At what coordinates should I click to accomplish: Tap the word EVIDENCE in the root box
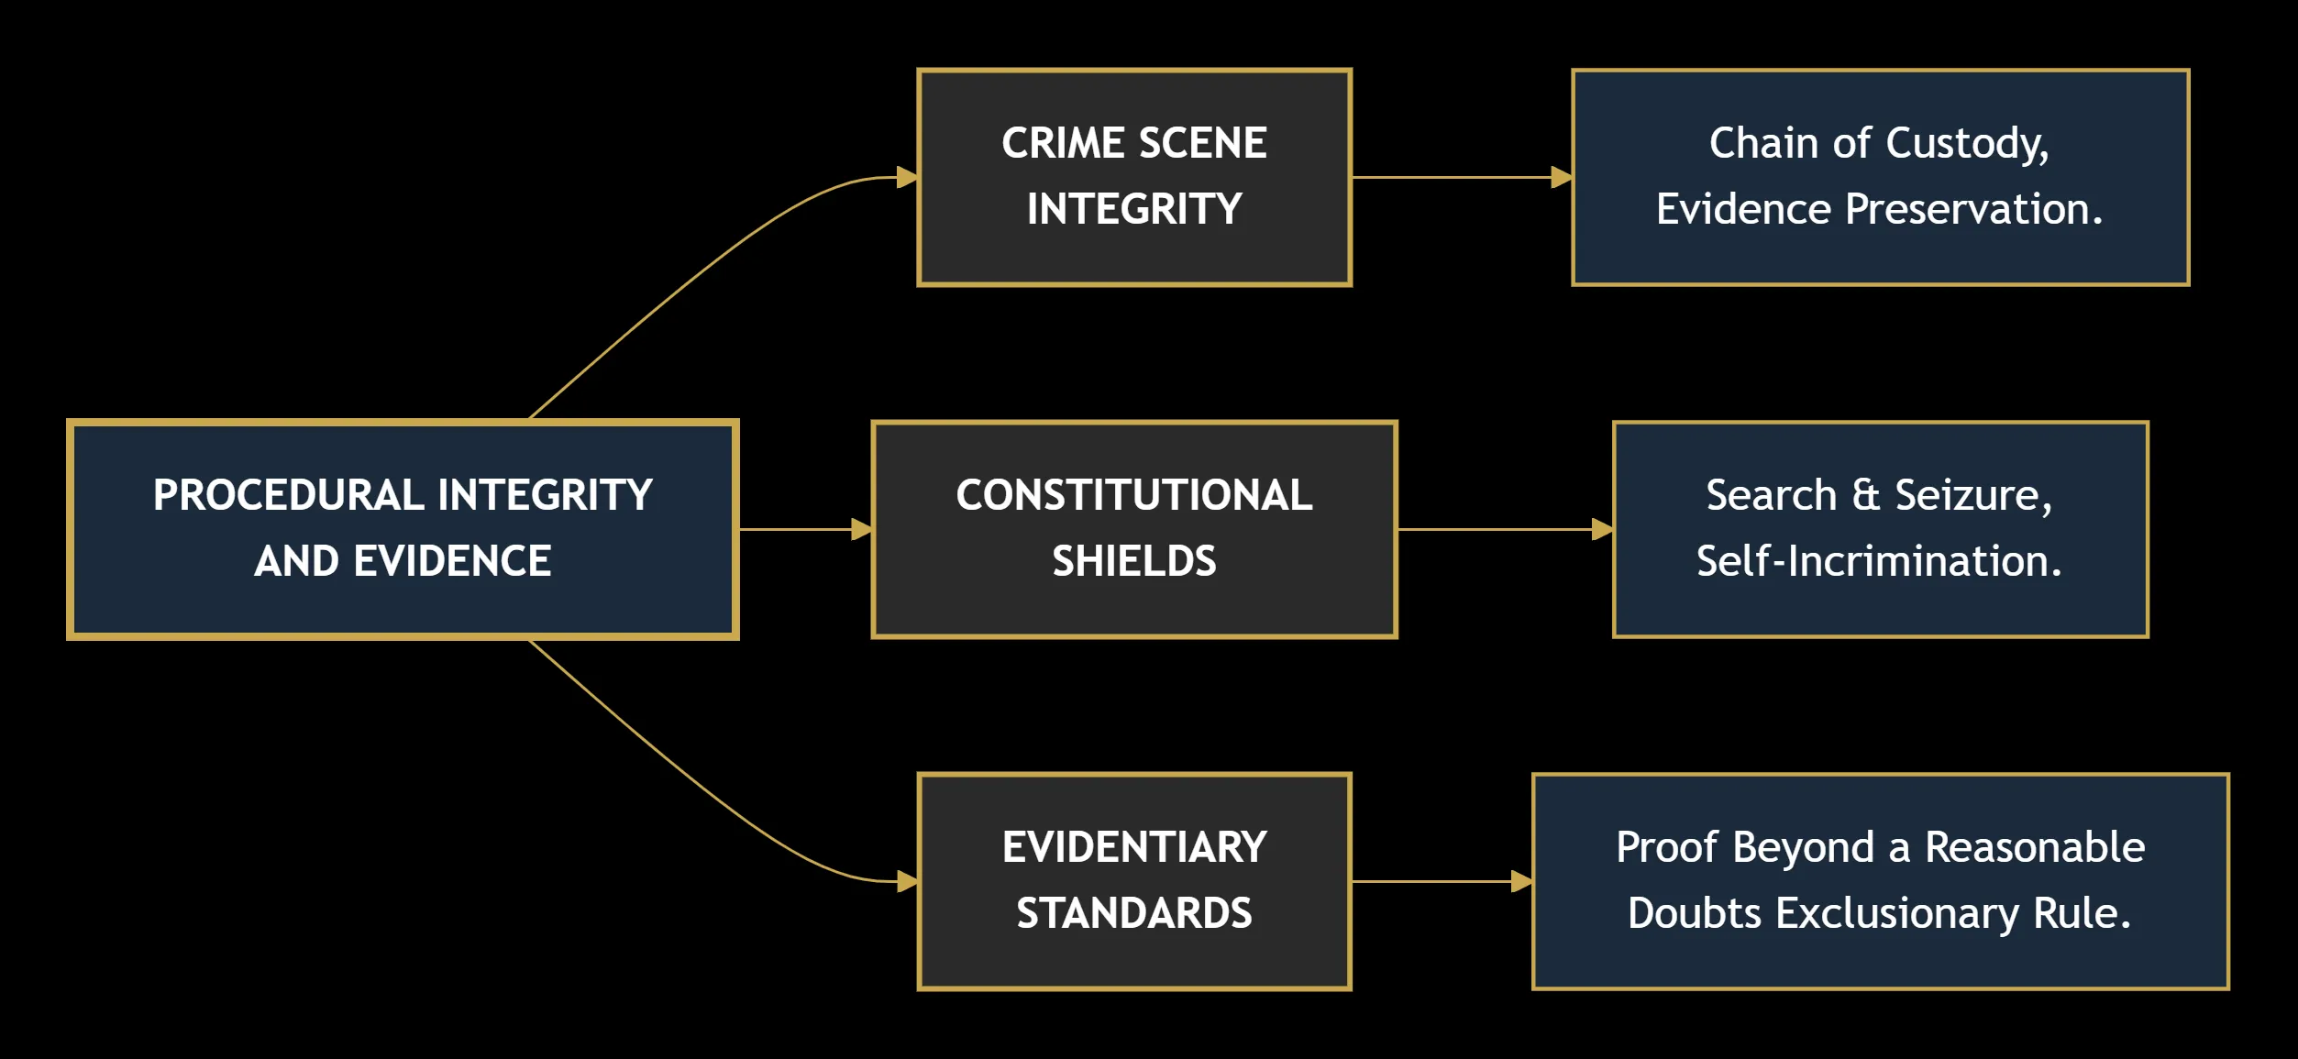tap(453, 561)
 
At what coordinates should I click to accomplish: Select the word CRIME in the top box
tap(1063, 143)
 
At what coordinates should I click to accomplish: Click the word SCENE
tap(1203, 143)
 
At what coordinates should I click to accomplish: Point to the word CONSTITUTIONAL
tap(1134, 495)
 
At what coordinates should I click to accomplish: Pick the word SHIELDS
tap(1134, 561)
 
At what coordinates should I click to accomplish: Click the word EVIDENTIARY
tap(1134, 847)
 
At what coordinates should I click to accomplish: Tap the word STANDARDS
tap(1134, 913)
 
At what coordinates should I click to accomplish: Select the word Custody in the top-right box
tap(1968, 145)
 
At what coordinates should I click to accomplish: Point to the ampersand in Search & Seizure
tap(1866, 495)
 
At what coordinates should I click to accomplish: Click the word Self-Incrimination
tap(1879, 561)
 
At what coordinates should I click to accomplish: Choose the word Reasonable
tap(2035, 847)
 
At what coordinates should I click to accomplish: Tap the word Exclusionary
tap(1897, 915)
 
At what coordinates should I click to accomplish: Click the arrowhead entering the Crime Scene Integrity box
tap(907, 177)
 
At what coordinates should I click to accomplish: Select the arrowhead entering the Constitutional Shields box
tap(861, 529)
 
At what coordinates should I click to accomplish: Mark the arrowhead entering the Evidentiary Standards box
tap(907, 881)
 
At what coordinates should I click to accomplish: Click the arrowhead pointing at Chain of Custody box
tap(1562, 177)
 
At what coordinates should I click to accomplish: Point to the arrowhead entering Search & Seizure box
tap(1602, 529)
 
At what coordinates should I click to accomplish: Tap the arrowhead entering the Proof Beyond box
tap(1522, 881)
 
